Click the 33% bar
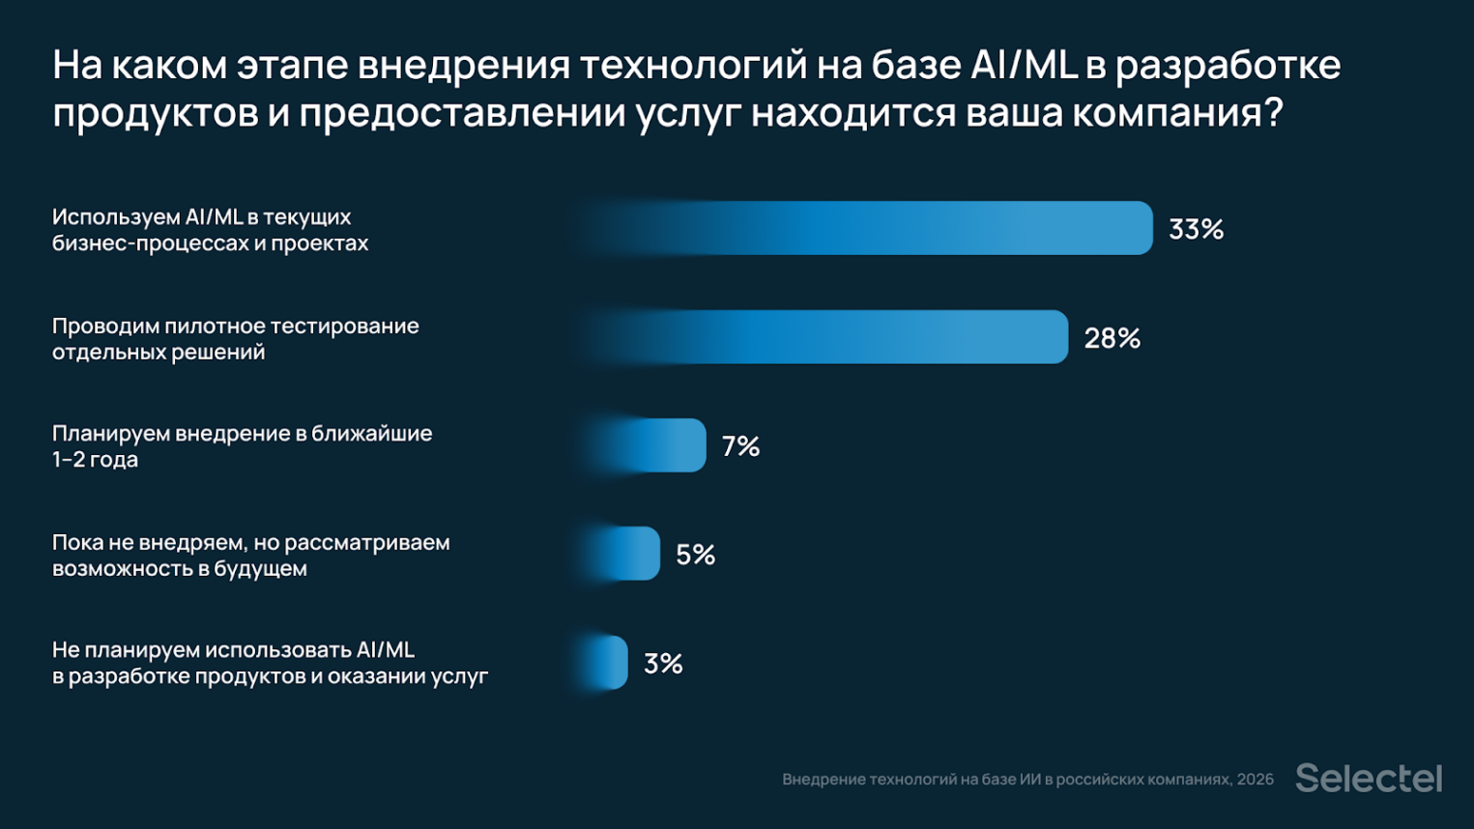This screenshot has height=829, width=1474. pyautogui.click(x=870, y=228)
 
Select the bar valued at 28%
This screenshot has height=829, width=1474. pyautogui.click(x=831, y=337)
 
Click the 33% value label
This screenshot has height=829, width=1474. pyautogui.click(x=1196, y=229)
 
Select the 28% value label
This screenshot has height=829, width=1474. pyautogui.click(x=1112, y=338)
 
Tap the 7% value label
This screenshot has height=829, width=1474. pyautogui.click(x=740, y=446)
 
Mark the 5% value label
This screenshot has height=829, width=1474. pyautogui.click(x=695, y=555)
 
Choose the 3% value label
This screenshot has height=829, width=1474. pyautogui.click(x=663, y=664)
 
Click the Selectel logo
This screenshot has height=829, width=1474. pyautogui.click(x=1368, y=778)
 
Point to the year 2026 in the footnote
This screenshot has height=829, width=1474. pyautogui.click(x=1255, y=780)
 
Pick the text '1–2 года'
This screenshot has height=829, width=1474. pyautogui.click(x=95, y=460)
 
